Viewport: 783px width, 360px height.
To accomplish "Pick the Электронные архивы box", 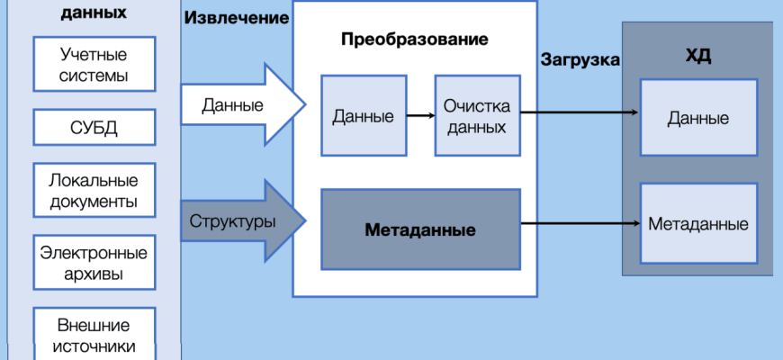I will (x=94, y=263).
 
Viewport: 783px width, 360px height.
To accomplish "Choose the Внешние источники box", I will (x=94, y=334).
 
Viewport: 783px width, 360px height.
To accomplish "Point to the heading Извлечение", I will (x=237, y=18).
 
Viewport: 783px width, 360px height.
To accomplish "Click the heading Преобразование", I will (x=416, y=40).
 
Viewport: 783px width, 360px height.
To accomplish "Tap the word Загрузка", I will (x=580, y=61).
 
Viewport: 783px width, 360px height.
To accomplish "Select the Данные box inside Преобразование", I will (x=363, y=116).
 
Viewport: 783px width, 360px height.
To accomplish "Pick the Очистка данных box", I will (x=477, y=116).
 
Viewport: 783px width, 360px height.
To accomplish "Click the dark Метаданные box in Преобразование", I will (x=420, y=229).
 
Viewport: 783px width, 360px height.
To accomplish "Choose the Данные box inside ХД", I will (x=698, y=118).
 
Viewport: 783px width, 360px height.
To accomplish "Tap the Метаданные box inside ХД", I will (x=698, y=223).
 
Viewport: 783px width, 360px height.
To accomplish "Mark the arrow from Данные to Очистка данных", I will (x=419, y=116).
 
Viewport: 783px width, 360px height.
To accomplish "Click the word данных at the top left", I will (x=94, y=13).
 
